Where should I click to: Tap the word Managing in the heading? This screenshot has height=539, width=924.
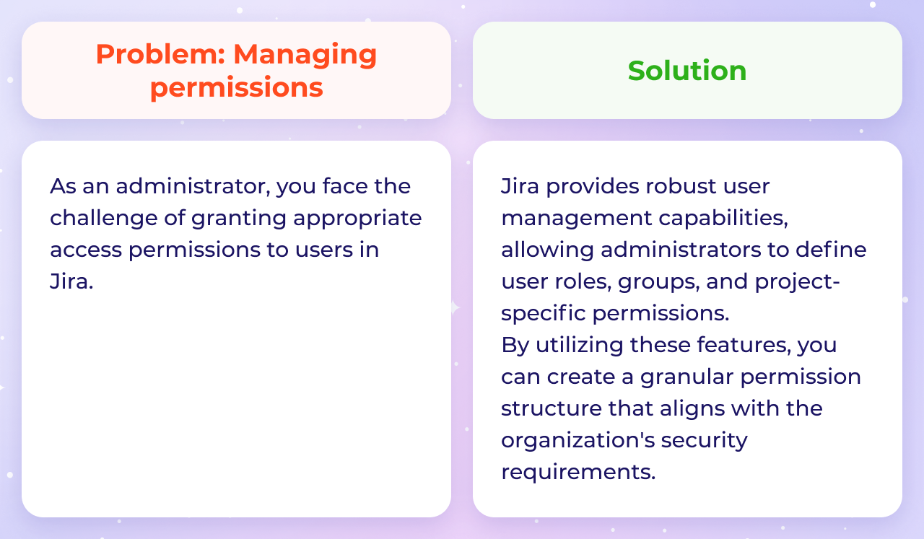(305, 54)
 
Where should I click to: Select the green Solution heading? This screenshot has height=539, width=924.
(687, 71)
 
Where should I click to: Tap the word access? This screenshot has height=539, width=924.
(86, 250)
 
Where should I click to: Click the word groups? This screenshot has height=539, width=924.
(658, 281)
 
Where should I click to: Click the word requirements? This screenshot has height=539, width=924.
(578, 472)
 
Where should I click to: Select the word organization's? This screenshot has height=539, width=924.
(576, 440)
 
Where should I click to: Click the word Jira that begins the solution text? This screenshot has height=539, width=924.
(520, 186)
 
